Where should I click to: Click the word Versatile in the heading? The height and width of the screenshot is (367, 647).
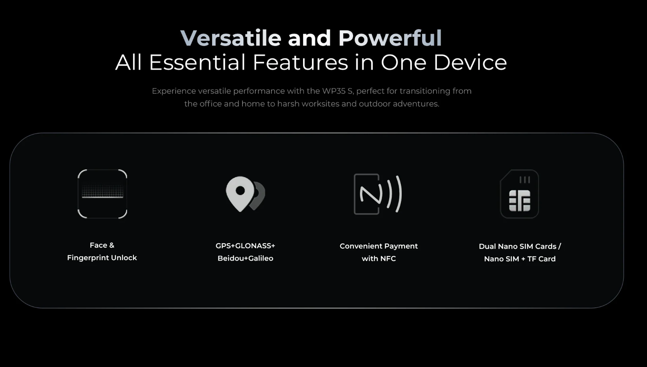(231, 38)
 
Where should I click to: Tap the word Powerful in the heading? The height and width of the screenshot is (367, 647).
(390, 38)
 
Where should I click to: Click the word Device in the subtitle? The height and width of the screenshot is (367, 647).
(470, 62)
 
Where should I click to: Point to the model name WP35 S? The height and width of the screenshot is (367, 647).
(338, 91)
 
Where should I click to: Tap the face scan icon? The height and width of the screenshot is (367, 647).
(102, 194)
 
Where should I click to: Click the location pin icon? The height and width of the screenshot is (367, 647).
(245, 194)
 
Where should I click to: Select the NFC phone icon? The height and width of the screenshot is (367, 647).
(378, 194)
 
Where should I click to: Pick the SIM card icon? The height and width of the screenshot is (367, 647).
(520, 194)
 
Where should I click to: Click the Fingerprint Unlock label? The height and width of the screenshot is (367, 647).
(102, 258)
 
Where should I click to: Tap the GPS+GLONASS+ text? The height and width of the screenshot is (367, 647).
(245, 246)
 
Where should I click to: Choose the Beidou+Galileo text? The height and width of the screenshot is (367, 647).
(245, 258)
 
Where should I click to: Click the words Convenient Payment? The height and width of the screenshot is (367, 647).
(379, 246)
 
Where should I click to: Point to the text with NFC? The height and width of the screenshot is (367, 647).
(379, 258)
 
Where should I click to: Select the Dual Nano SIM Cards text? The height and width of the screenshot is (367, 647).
(518, 246)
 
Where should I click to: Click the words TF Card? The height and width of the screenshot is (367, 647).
(541, 259)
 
